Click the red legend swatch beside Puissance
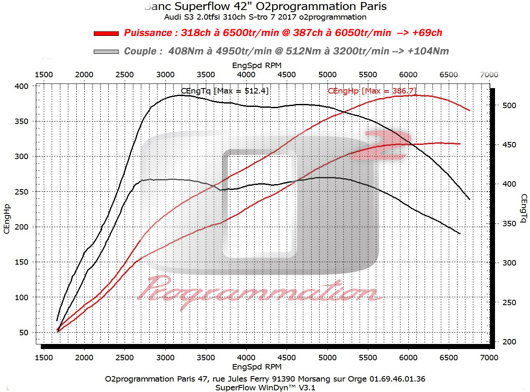tap(106, 33)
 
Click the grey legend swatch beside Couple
tap(106, 51)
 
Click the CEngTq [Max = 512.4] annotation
tap(225, 91)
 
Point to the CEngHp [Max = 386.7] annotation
tap(372, 91)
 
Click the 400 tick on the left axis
tap(22, 86)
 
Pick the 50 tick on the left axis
tap(24, 333)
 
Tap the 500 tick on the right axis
tap(508, 106)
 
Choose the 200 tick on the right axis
tap(508, 342)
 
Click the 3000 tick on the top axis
tap(165, 74)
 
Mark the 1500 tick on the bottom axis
tap(44, 357)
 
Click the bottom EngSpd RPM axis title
tap(256, 367)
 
